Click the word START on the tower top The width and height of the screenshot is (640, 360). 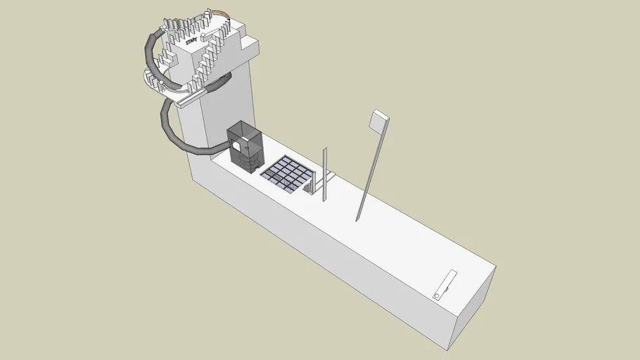tap(191, 42)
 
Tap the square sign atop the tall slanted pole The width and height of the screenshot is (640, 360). tap(378, 121)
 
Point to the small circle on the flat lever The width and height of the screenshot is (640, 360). tap(437, 296)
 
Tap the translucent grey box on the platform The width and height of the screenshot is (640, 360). tap(245, 146)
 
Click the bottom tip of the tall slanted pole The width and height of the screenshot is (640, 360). tap(358, 219)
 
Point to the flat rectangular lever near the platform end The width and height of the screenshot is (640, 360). tap(444, 284)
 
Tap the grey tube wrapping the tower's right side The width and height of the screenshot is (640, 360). tap(218, 84)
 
